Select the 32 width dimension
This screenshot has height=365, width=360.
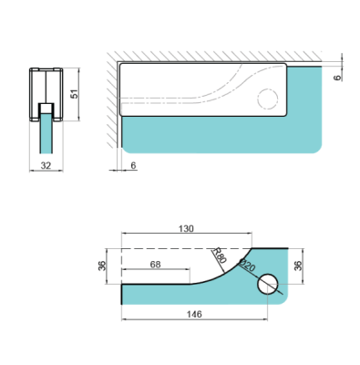click(x=46, y=166)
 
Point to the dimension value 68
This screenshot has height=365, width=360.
click(x=156, y=264)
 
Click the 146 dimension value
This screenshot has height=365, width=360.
click(x=193, y=313)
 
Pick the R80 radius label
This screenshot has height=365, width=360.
click(x=219, y=255)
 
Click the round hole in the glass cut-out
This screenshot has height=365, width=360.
click(x=267, y=284)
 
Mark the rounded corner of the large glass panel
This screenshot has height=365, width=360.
click(x=315, y=143)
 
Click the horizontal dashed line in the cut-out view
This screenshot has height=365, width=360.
click(x=173, y=248)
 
